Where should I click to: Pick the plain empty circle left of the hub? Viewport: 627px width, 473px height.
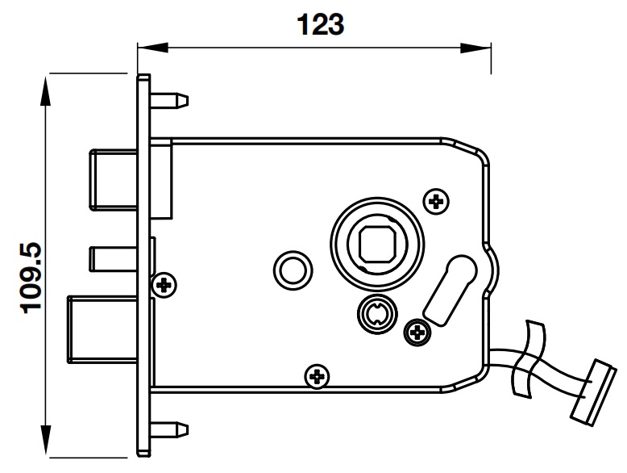[291, 269]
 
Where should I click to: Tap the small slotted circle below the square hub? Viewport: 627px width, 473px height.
[376, 312]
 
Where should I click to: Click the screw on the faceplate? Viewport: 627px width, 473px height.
[167, 284]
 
